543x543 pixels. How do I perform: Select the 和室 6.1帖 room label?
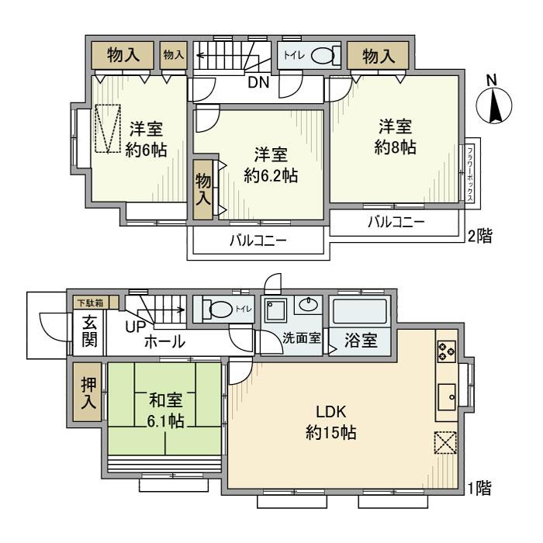click(x=166, y=412)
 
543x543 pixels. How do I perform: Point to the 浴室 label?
click(x=361, y=341)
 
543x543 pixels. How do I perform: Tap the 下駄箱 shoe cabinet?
click(x=92, y=303)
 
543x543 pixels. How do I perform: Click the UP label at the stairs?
click(x=137, y=327)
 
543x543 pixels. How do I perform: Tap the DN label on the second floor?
click(x=259, y=83)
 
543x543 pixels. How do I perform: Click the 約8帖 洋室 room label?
click(x=396, y=137)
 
